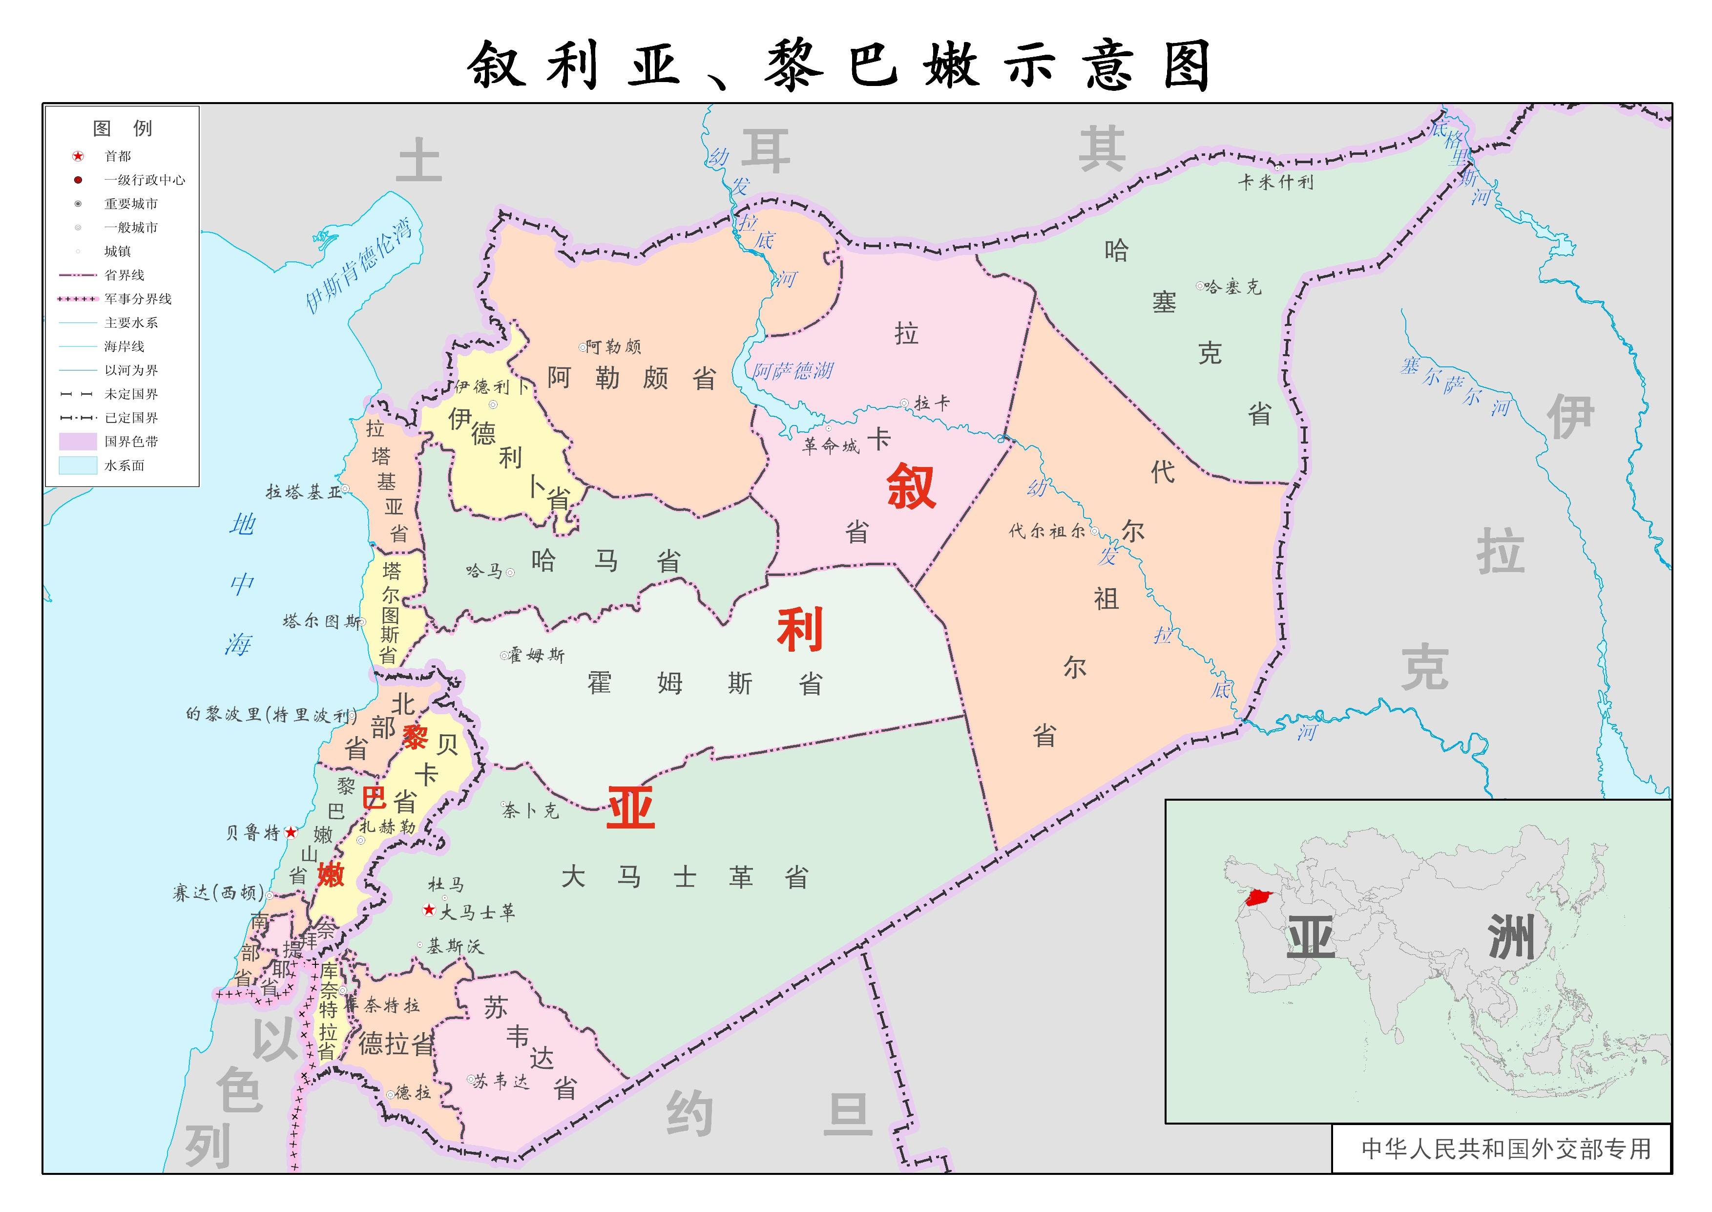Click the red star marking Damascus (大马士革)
point(429,910)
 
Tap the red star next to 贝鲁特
point(291,832)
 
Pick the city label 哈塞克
point(1232,287)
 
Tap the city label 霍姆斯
point(536,655)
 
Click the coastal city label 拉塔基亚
point(303,492)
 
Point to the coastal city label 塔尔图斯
point(321,621)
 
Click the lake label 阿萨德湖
point(792,370)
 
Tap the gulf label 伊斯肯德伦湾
point(359,265)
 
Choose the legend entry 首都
point(117,156)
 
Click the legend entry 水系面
point(124,466)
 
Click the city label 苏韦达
point(501,1081)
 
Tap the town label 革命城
point(830,447)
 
